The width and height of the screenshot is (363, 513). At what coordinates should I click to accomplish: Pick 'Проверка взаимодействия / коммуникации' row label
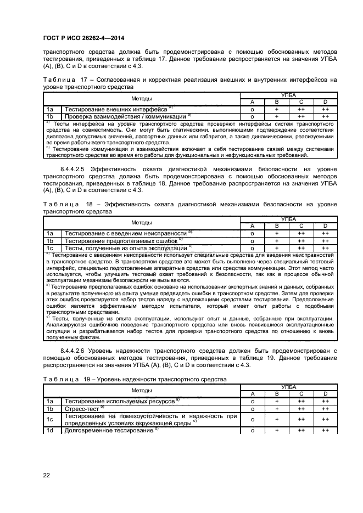point(126,116)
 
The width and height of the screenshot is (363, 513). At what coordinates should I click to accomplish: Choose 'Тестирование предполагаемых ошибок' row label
point(122,240)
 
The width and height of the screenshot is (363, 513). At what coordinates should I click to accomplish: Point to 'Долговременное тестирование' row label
point(110,431)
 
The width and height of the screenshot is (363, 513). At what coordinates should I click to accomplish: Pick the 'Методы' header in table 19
point(142,390)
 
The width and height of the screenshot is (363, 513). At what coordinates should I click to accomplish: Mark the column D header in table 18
point(325,226)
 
